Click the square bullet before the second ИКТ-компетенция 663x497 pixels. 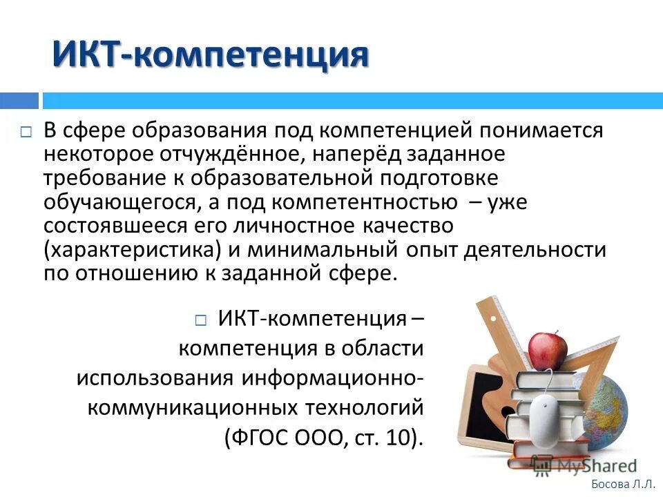[200, 321]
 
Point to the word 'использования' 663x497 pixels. [154, 378]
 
